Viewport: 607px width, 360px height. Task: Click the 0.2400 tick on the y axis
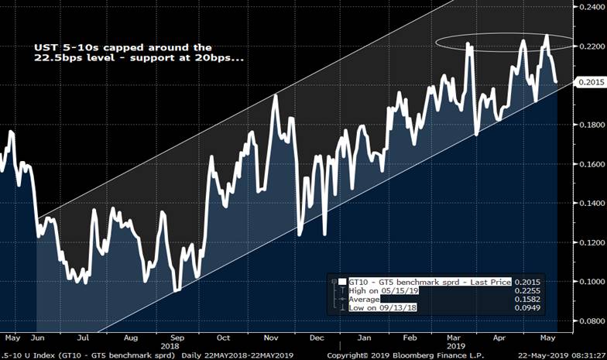point(591,7)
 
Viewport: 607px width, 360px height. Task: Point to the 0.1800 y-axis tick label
point(591,125)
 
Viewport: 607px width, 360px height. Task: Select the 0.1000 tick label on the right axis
point(591,281)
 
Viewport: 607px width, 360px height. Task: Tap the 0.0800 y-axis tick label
point(591,321)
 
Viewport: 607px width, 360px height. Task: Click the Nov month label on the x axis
point(271,338)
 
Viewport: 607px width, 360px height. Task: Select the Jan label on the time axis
point(363,338)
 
